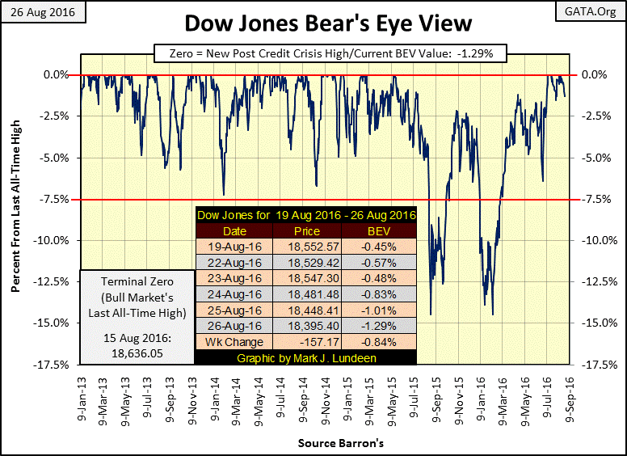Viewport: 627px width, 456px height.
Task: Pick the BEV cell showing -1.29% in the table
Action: coord(380,326)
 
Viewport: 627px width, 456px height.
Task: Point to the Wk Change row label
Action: coord(234,341)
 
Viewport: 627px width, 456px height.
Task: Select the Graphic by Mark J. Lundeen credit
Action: coord(305,357)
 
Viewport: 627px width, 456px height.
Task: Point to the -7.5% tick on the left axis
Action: coord(55,199)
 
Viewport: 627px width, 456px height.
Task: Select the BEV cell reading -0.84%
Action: coord(380,341)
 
